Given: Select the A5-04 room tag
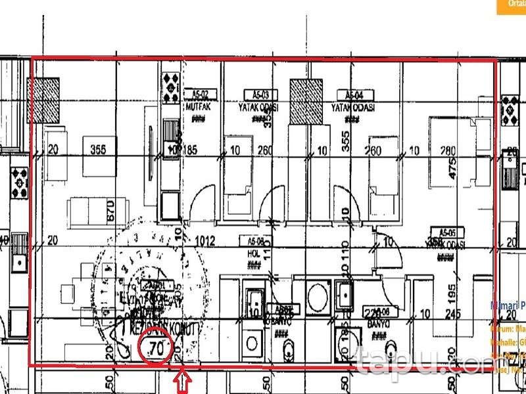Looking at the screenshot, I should [x=350, y=94].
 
